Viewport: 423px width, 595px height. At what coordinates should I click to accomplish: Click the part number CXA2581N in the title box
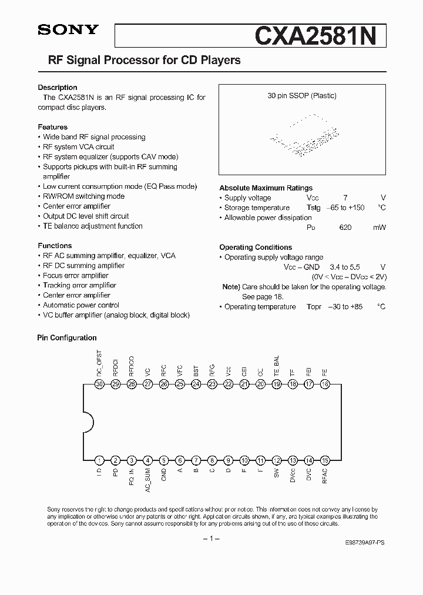point(320,35)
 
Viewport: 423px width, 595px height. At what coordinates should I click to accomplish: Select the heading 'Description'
point(58,88)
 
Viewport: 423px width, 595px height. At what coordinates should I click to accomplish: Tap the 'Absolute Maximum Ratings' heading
point(266,188)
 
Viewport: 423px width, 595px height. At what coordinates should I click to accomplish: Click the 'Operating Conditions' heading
point(256,248)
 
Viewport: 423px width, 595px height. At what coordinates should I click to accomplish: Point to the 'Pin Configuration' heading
point(67,338)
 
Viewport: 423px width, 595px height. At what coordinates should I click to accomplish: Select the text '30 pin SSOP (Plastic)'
point(302,96)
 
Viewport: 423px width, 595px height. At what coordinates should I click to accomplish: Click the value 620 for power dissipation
point(345,228)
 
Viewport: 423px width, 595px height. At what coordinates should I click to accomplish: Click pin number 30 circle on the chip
point(100,384)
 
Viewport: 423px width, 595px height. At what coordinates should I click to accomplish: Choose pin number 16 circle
point(324,384)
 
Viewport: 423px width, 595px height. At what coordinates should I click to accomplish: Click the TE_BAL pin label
point(277,365)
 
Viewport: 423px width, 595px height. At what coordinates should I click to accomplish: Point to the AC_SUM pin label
point(148,480)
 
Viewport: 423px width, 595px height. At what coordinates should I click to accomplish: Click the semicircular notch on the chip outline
point(88,422)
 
